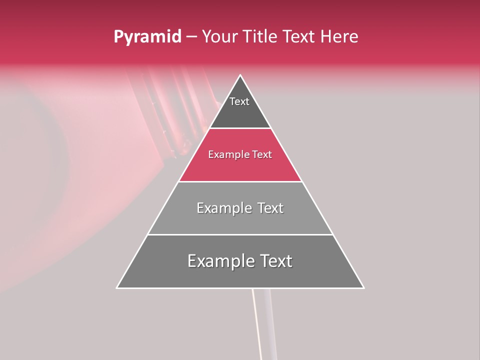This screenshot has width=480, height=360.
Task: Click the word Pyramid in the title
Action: point(147,37)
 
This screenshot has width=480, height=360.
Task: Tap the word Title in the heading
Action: point(259,36)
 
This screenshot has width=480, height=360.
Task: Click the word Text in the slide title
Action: point(299,36)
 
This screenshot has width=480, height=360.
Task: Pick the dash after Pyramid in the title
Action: point(191,37)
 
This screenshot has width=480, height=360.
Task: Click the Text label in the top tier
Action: point(239,101)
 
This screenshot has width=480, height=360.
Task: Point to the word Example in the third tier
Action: point(223,208)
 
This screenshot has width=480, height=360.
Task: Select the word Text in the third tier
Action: point(269,208)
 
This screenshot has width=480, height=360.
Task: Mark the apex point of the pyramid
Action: point(240,75)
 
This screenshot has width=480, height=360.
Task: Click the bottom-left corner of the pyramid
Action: point(117,288)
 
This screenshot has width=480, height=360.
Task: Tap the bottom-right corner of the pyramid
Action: point(363,288)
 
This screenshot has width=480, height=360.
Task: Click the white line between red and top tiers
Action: point(240,128)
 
